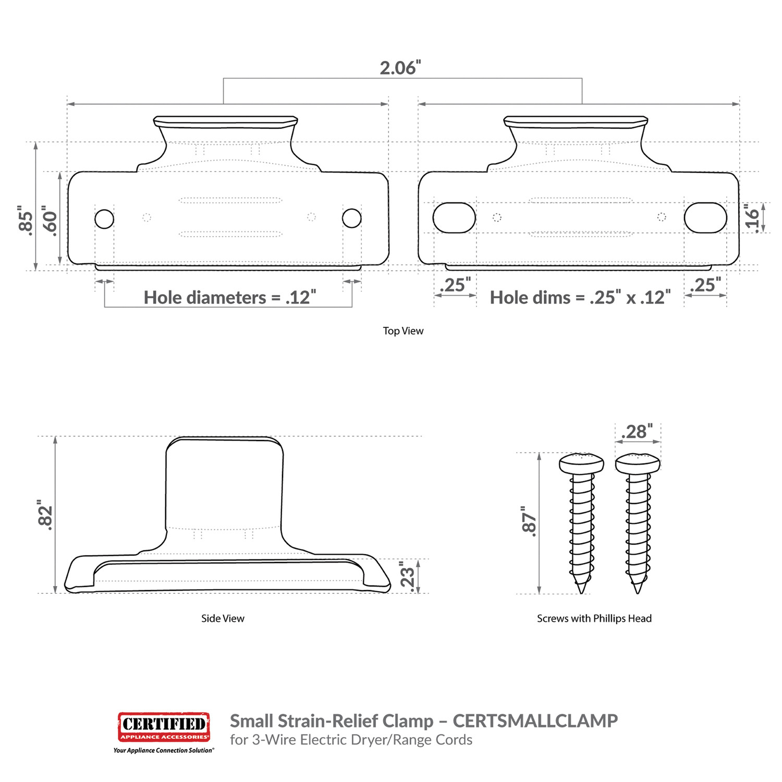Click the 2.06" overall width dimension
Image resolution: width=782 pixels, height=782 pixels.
point(400,68)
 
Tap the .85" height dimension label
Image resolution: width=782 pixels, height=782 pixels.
point(26,221)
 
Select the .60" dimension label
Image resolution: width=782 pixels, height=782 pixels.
point(50,221)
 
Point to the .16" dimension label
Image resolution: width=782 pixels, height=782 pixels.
point(751,217)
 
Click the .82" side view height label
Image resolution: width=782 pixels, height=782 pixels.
point(45,515)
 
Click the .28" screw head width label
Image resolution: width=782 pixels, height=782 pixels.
point(637,432)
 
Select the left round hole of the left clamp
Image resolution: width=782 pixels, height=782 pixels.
point(104,219)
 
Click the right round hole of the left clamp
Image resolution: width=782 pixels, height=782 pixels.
point(352,218)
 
